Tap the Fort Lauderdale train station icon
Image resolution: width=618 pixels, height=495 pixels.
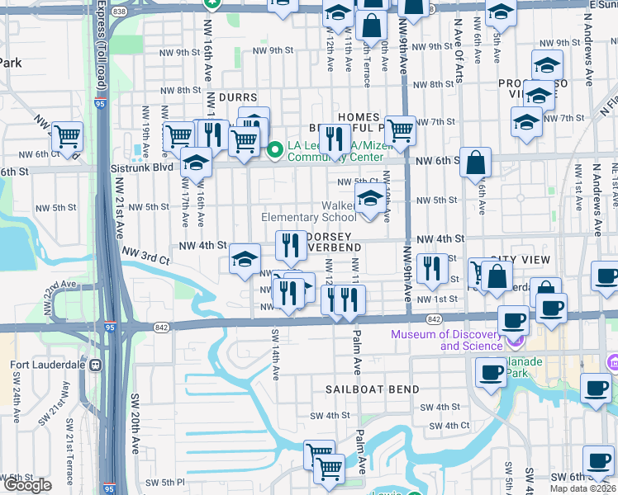(96, 365)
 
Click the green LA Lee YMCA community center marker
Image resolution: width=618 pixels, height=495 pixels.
(276, 149)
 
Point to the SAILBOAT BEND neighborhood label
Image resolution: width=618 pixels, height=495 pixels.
(360, 389)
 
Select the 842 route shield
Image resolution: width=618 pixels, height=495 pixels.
(434, 318)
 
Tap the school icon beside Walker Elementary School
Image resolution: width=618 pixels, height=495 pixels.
(370, 198)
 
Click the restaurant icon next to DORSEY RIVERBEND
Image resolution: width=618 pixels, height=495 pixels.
(291, 244)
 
